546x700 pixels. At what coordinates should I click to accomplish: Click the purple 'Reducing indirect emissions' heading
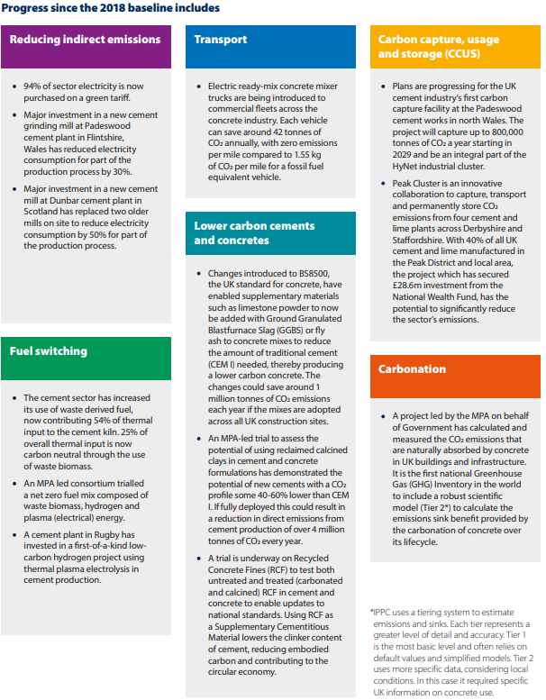[85, 40]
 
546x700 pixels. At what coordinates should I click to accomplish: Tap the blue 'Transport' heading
[222, 40]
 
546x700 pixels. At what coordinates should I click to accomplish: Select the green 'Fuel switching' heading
[49, 350]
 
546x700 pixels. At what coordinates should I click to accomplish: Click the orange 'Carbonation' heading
[412, 368]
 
